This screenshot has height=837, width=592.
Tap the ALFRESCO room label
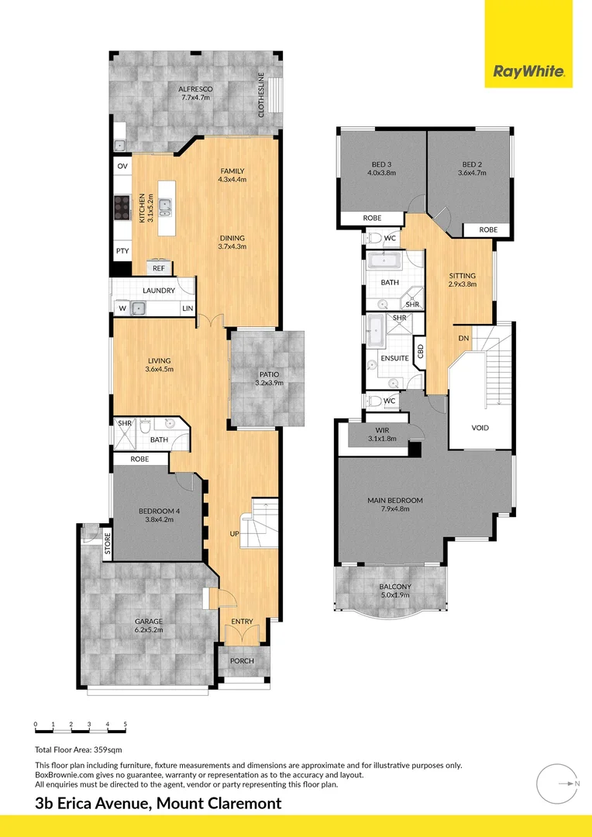click(196, 90)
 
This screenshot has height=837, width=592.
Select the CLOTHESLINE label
click(261, 95)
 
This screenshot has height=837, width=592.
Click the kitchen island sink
click(165, 205)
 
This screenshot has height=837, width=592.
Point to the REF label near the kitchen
click(158, 268)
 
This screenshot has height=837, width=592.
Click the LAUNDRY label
click(159, 291)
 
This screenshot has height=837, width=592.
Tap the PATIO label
click(270, 374)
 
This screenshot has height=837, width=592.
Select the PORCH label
click(243, 661)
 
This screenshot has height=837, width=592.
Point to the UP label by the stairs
click(233, 534)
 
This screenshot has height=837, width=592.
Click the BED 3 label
click(381, 164)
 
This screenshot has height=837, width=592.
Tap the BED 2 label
click(473, 164)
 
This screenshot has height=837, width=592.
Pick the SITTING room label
click(463, 275)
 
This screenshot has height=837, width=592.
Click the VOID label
click(480, 428)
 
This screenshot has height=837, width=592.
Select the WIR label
click(381, 430)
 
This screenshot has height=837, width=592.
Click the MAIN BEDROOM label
click(395, 501)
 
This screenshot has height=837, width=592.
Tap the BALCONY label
click(395, 587)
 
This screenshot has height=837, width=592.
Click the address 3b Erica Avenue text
click(93, 804)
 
